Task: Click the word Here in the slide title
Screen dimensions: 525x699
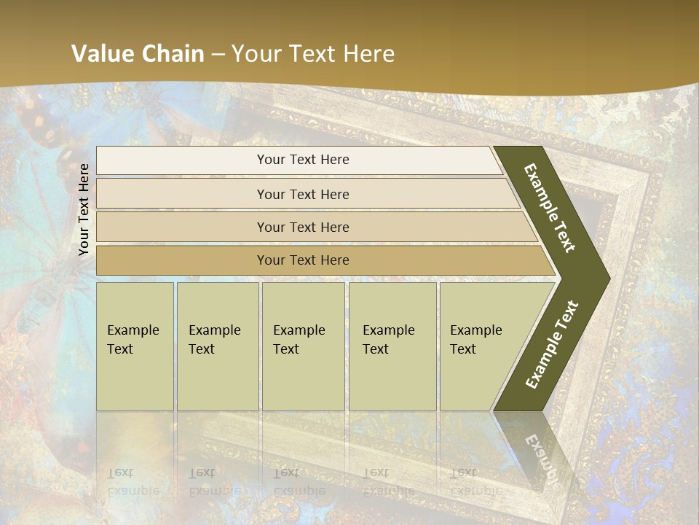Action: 368,54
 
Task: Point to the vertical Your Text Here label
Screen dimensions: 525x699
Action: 84,209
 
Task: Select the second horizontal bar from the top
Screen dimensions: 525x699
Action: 303,194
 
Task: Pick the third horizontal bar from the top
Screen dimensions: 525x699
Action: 303,227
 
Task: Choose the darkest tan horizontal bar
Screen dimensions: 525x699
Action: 303,260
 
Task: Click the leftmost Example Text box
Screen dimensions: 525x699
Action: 135,346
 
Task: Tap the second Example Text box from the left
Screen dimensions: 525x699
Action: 217,346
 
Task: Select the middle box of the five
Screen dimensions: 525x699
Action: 303,346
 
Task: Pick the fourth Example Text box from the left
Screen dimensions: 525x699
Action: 392,346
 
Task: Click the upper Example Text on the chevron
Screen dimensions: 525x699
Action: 550,208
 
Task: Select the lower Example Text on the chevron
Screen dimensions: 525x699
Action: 552,345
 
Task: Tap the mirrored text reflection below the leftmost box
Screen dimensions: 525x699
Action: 133,481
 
